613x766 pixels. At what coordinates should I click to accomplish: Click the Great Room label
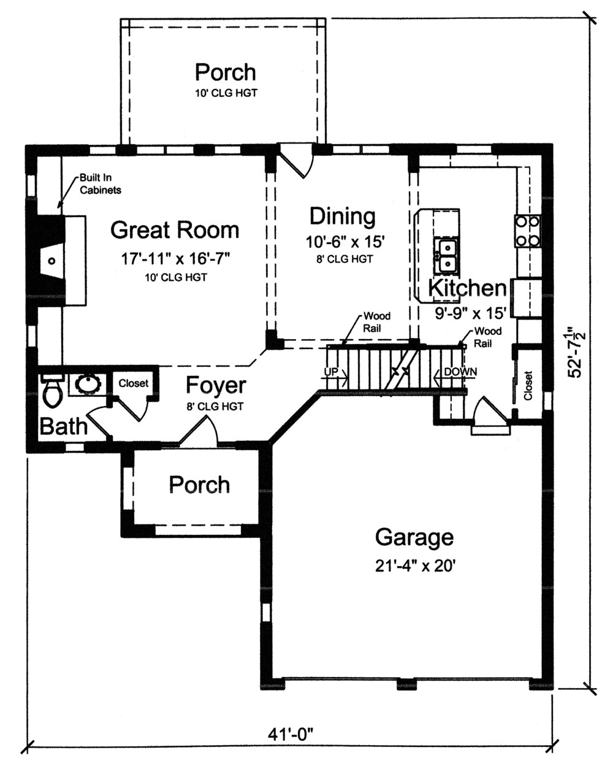[x=175, y=230]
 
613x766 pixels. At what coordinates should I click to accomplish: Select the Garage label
[x=414, y=537]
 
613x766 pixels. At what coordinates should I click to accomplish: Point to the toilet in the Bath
[x=52, y=393]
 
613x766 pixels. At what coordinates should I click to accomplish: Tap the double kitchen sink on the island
[x=446, y=256]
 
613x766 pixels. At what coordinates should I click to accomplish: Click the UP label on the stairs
[x=331, y=372]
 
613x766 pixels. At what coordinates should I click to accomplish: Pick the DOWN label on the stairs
[x=460, y=372]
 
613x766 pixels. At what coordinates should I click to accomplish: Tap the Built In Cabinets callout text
[x=100, y=183]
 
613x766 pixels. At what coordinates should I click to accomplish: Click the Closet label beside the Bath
[x=133, y=383]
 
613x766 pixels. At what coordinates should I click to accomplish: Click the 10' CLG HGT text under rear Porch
[x=225, y=93]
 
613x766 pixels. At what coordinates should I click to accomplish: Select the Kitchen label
[x=467, y=288]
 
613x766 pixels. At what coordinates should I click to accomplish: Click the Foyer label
[x=216, y=386]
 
